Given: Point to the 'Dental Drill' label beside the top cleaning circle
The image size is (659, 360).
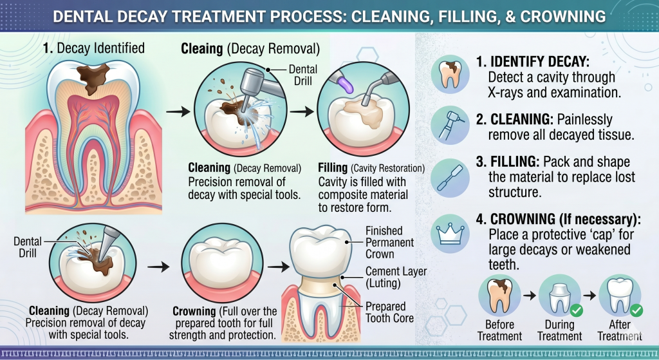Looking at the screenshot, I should coord(302,75).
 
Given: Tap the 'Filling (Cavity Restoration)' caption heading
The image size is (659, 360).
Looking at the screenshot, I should coord(371,168).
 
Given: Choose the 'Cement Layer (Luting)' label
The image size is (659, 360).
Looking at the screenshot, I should coord(396,278).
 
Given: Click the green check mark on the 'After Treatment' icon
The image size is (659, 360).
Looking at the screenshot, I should coord(636,311).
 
